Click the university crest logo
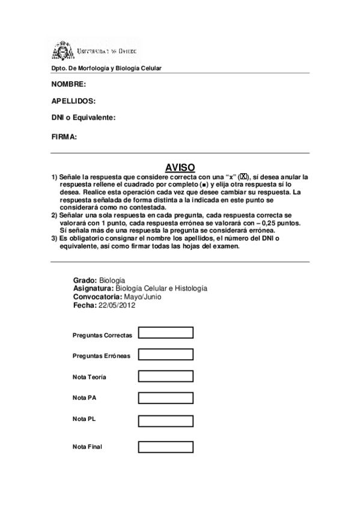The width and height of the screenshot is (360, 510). pos(61,51)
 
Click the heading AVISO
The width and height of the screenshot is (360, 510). pos(180,168)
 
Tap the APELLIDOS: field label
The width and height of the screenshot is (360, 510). pos(73,101)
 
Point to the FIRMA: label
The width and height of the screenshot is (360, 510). pos(64,137)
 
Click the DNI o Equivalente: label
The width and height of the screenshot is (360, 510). pos(84,118)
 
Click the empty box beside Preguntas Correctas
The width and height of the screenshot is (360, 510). pos(165,333)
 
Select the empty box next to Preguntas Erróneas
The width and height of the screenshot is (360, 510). pos(165,354)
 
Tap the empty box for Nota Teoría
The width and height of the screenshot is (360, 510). pos(165,376)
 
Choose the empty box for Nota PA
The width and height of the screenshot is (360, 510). pos(165,398)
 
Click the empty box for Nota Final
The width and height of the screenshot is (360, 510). pos(165,447)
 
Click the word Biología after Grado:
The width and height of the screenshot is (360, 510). pos(112,280)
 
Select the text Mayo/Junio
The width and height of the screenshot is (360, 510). pos(142,297)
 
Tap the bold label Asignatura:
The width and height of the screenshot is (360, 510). pos(93,289)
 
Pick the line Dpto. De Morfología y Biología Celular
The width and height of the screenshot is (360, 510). pos(106,69)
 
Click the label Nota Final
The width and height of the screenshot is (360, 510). pos(87,447)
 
